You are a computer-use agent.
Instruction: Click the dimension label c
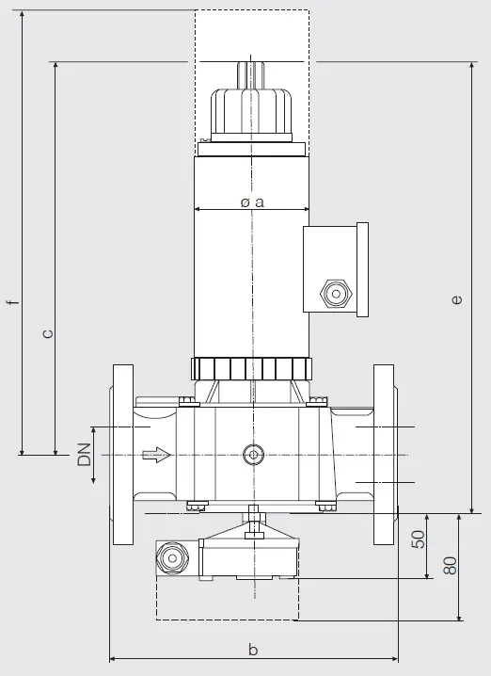tap(48, 333)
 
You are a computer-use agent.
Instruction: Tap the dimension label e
tap(457, 299)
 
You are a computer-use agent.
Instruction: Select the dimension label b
tap(253, 649)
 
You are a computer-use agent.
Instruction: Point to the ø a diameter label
tap(252, 201)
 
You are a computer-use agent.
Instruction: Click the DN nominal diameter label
tap(85, 455)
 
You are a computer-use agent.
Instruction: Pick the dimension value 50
tap(418, 539)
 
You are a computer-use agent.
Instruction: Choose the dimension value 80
tap(450, 565)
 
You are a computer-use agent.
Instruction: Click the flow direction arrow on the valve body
tap(157, 455)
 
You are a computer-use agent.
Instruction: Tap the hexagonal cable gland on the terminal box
tap(336, 294)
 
